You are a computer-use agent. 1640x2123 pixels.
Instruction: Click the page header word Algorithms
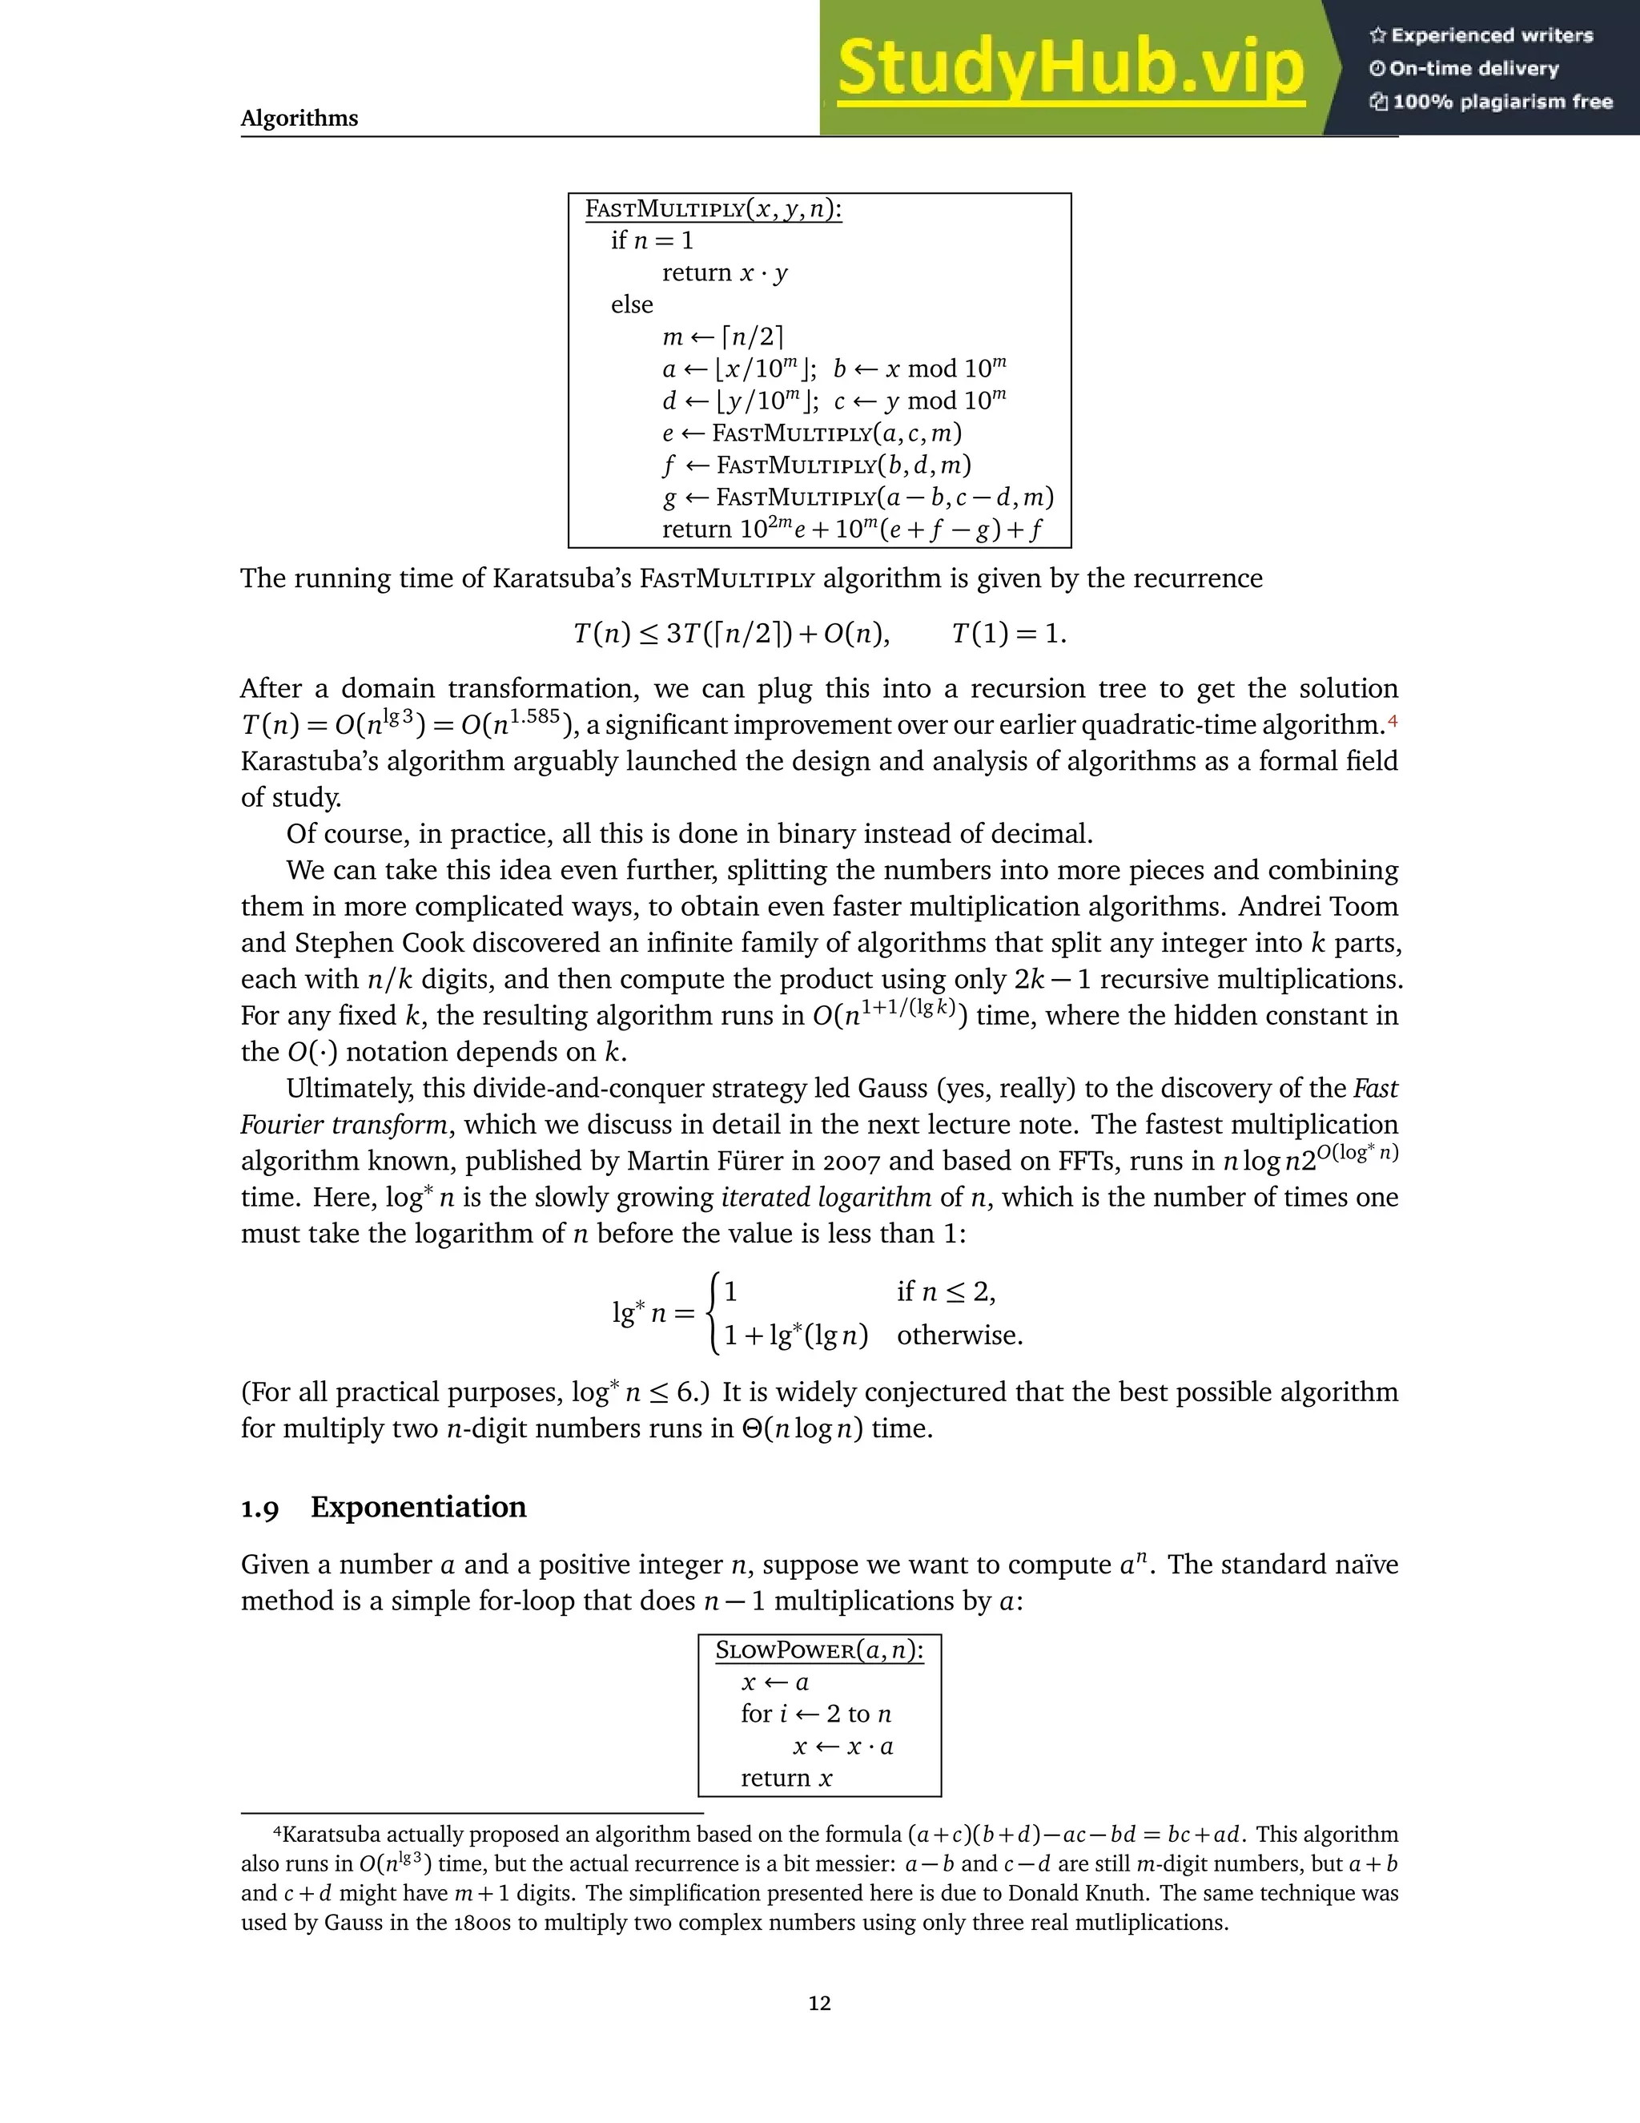299,119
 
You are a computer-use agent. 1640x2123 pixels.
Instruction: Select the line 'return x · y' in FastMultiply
725,273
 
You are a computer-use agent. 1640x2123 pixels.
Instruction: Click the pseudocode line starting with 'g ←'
857,498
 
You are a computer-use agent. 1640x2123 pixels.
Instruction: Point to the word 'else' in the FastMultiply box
632,305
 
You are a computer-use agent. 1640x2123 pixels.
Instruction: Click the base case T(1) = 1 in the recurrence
1008,634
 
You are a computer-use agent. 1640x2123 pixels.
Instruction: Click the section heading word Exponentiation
418,1507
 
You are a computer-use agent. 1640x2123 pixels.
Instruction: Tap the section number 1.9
259,1509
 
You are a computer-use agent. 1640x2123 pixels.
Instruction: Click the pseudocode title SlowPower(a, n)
819,1650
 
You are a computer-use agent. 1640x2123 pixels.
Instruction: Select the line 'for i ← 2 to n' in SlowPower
815,1714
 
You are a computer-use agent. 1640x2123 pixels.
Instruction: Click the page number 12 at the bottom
819,2004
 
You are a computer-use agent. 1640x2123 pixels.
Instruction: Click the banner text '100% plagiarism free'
1502,102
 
